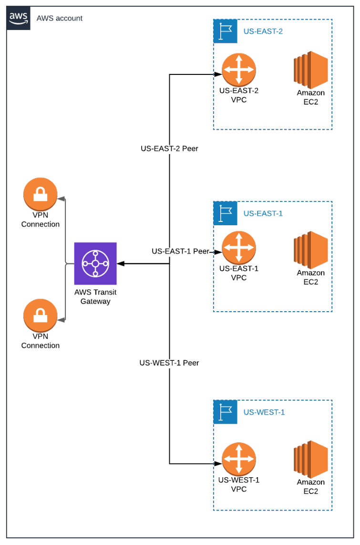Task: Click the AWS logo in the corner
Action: coord(19,18)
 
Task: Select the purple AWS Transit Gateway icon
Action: coord(95,263)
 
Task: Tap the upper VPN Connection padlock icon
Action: coord(41,194)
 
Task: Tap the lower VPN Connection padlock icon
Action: coord(41,315)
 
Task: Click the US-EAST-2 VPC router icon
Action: coord(238,70)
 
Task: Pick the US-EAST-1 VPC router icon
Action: coord(238,248)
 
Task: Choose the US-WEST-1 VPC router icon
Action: coord(238,460)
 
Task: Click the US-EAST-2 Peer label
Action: coord(169,148)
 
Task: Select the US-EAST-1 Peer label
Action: coord(180,251)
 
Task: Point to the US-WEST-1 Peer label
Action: coord(169,363)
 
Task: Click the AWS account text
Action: coord(60,18)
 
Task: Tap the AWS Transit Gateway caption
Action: coord(95,297)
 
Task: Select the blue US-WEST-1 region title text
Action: coord(264,412)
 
